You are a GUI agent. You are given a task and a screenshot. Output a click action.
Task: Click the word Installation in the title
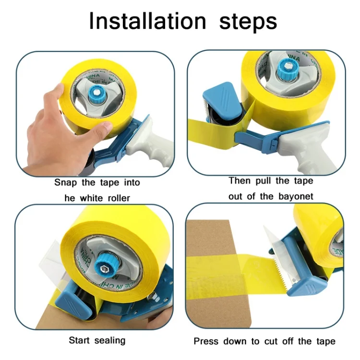148,21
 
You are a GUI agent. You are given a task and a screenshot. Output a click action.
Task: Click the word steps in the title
248,23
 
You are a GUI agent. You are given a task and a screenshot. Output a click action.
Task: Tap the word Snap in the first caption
65,183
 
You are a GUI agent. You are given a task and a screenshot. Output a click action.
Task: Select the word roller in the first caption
119,198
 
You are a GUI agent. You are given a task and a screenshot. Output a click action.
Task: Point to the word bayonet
296,197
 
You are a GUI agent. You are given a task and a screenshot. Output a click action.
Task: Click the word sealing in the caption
110,340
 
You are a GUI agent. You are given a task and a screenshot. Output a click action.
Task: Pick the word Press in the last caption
206,341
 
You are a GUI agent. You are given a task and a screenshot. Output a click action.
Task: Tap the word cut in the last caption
271,341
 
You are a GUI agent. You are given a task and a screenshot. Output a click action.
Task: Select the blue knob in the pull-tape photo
287,68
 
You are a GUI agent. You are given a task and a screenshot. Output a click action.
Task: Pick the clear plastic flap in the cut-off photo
275,241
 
